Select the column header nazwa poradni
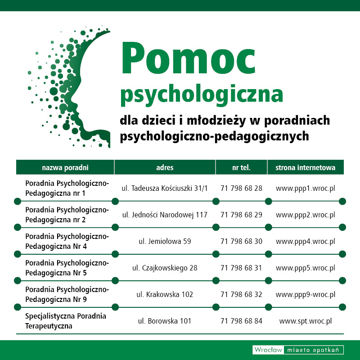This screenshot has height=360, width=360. click(x=65, y=167)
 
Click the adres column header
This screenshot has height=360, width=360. click(x=165, y=167)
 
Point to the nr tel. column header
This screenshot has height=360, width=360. click(x=241, y=167)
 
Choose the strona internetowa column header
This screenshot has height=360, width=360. click(x=305, y=167)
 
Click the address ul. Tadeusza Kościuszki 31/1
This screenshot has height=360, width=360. click(x=165, y=188)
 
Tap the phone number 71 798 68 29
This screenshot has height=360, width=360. click(x=241, y=215)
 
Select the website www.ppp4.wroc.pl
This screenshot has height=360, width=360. click(x=305, y=241)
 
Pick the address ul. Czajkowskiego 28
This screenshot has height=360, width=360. click(x=165, y=268)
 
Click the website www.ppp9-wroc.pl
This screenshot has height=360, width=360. click(x=305, y=294)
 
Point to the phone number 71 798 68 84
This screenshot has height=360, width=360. click(x=241, y=321)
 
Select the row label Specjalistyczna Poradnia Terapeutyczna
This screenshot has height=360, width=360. click(x=66, y=321)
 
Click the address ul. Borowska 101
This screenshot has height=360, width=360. click(x=165, y=321)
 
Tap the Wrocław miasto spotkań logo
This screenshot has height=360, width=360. click(x=298, y=350)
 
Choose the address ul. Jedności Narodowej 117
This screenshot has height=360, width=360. click(x=165, y=215)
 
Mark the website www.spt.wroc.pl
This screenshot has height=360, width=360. click(x=305, y=321)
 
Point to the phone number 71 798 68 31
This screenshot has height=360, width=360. click(x=241, y=268)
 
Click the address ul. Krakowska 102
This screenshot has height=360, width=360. click(x=165, y=294)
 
